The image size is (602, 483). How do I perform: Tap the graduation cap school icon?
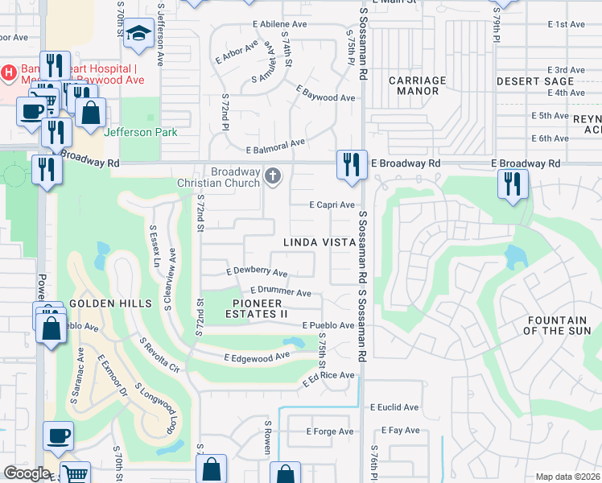coord(139,33)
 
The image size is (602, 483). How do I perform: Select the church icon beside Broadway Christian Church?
coord(274,175)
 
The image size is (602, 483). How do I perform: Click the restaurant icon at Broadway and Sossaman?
coord(351,163)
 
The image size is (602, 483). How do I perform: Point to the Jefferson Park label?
coord(138,132)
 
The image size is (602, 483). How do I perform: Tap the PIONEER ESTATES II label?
coord(260,308)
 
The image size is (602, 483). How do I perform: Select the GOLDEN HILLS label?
coord(110,303)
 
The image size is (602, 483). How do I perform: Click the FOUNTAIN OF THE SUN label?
coord(563,325)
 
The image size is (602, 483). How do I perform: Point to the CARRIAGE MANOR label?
coord(417,85)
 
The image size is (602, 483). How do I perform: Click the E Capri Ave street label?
coord(332,205)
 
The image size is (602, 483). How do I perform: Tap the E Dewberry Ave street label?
coord(257,273)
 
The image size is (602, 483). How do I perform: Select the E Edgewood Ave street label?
coord(257,357)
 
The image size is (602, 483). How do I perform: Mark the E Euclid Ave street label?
coord(394,408)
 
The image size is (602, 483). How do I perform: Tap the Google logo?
coord(27,473)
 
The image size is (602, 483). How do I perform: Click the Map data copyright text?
coord(568,477)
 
